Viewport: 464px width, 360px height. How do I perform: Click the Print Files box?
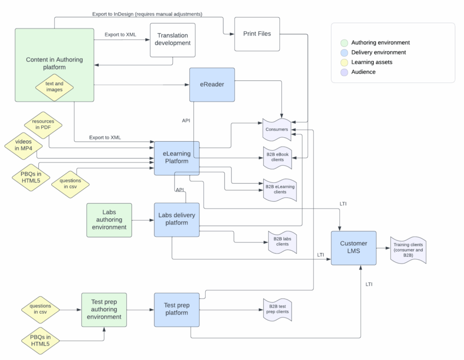point(257,34)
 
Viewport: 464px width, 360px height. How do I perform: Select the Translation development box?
point(173,40)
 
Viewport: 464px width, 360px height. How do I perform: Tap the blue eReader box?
point(212,85)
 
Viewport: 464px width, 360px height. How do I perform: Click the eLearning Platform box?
point(177,158)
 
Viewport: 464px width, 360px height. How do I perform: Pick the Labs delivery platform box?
point(177,219)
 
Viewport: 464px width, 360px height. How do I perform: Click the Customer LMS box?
point(353,247)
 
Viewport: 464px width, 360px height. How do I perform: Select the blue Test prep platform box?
point(177,309)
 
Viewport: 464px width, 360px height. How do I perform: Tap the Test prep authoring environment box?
point(104,309)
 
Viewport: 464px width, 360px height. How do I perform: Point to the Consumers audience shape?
point(277,130)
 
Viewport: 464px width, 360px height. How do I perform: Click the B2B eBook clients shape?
point(277,157)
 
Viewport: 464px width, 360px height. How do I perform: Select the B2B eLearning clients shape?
point(280,189)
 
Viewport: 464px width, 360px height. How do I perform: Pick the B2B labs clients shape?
point(282,241)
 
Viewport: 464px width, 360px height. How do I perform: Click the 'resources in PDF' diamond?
point(43,125)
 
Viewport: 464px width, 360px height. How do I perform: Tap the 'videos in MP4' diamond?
point(23,145)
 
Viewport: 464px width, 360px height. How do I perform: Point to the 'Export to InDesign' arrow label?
point(147,14)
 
